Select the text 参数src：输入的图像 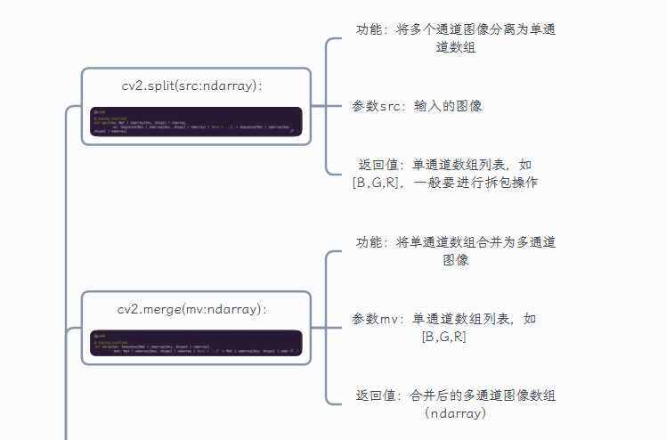click(x=418, y=106)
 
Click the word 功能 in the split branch click(x=370, y=30)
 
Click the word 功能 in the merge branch click(x=370, y=242)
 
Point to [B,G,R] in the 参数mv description click(x=444, y=337)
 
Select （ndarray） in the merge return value click(x=456, y=413)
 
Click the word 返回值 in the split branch click(x=377, y=165)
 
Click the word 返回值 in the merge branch click(x=375, y=395)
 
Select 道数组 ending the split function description click(x=456, y=48)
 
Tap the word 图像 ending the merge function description click(x=456, y=260)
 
